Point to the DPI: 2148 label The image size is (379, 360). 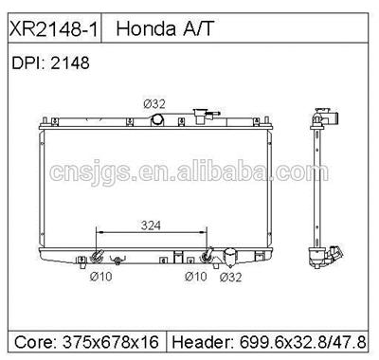(x=49, y=63)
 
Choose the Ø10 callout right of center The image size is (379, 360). (x=194, y=277)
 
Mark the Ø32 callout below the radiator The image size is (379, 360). (x=229, y=277)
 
